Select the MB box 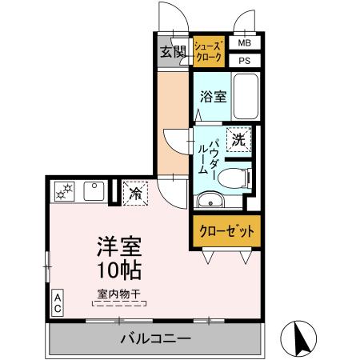pyautogui.click(x=245, y=42)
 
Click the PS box pyautogui.click(x=245, y=60)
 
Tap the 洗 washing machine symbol pyautogui.click(x=238, y=139)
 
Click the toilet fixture pyautogui.click(x=234, y=177)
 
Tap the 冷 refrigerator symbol pyautogui.click(x=135, y=193)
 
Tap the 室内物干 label pyautogui.click(x=118, y=294)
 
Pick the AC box pyautogui.click(x=58, y=302)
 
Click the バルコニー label pyautogui.click(x=156, y=339)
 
